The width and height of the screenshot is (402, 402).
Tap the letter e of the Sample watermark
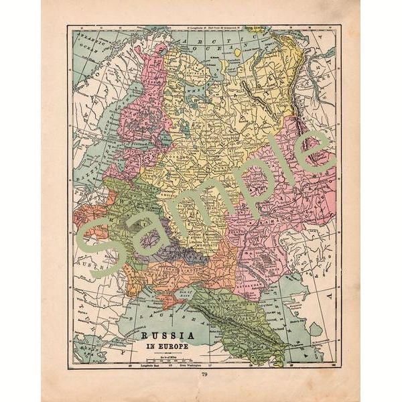pos(315,151)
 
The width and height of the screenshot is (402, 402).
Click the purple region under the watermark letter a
pos(174,251)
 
